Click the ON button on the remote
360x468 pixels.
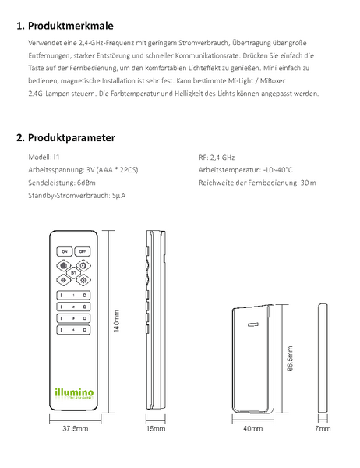click(65, 251)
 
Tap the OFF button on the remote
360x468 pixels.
click(83, 251)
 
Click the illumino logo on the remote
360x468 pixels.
click(74, 394)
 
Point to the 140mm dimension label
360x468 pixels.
click(117, 321)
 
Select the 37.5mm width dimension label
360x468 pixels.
click(75, 428)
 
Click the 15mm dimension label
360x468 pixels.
click(156, 428)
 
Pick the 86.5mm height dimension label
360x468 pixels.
click(290, 359)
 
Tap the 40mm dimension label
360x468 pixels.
click(253, 428)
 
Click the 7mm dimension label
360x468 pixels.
click(323, 428)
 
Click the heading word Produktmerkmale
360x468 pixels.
click(71, 26)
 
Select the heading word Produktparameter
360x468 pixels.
click(72, 138)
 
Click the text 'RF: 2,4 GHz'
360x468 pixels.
click(217, 158)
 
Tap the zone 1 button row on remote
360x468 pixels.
click(73, 295)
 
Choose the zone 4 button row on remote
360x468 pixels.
click(73, 330)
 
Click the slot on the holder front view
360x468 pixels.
click(253, 324)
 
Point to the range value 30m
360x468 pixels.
click(309, 183)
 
